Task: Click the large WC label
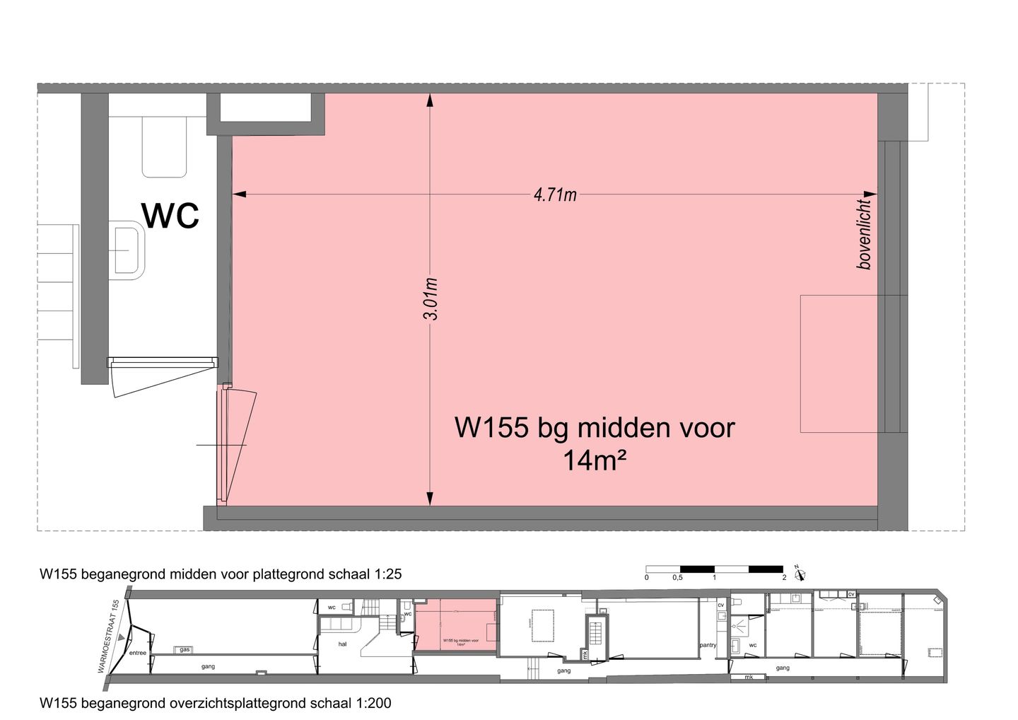click(170, 215)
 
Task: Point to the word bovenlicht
click(864, 234)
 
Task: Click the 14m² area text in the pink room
click(595, 461)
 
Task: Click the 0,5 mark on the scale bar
click(677, 578)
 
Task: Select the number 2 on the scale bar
click(784, 578)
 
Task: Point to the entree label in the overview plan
click(137, 653)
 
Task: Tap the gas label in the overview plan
click(185, 649)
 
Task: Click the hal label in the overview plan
click(342, 644)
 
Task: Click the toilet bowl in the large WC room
click(164, 147)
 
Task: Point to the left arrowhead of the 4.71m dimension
click(238, 194)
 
